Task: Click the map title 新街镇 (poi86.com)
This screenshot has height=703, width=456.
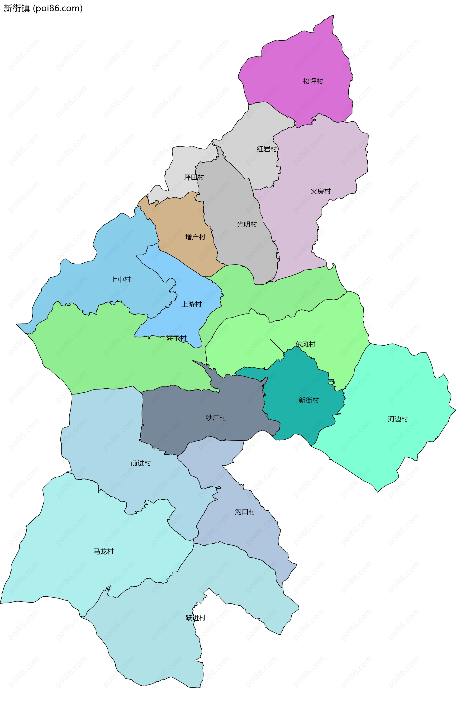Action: pos(43,8)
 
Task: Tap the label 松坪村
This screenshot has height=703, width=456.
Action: pos(313,81)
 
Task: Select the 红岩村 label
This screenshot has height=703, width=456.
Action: pos(267,149)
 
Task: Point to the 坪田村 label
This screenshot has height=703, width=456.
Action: pos(194,177)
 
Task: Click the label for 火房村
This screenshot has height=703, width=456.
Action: pos(320,191)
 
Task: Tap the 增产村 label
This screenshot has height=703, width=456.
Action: pos(195,237)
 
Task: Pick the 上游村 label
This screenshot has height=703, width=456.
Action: pos(191,304)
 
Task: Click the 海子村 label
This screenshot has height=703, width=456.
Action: pos(176,338)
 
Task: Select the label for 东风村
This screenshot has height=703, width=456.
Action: pos(305,344)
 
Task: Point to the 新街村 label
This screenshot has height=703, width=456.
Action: pos(309,400)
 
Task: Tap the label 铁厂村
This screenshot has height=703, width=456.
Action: pos(216,418)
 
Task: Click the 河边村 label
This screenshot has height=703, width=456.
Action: pos(398,419)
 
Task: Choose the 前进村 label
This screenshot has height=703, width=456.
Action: pos(141,463)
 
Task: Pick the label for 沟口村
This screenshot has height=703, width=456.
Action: pos(245,512)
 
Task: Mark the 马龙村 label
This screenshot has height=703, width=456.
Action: pos(103,551)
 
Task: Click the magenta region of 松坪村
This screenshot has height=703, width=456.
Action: pos(295,59)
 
